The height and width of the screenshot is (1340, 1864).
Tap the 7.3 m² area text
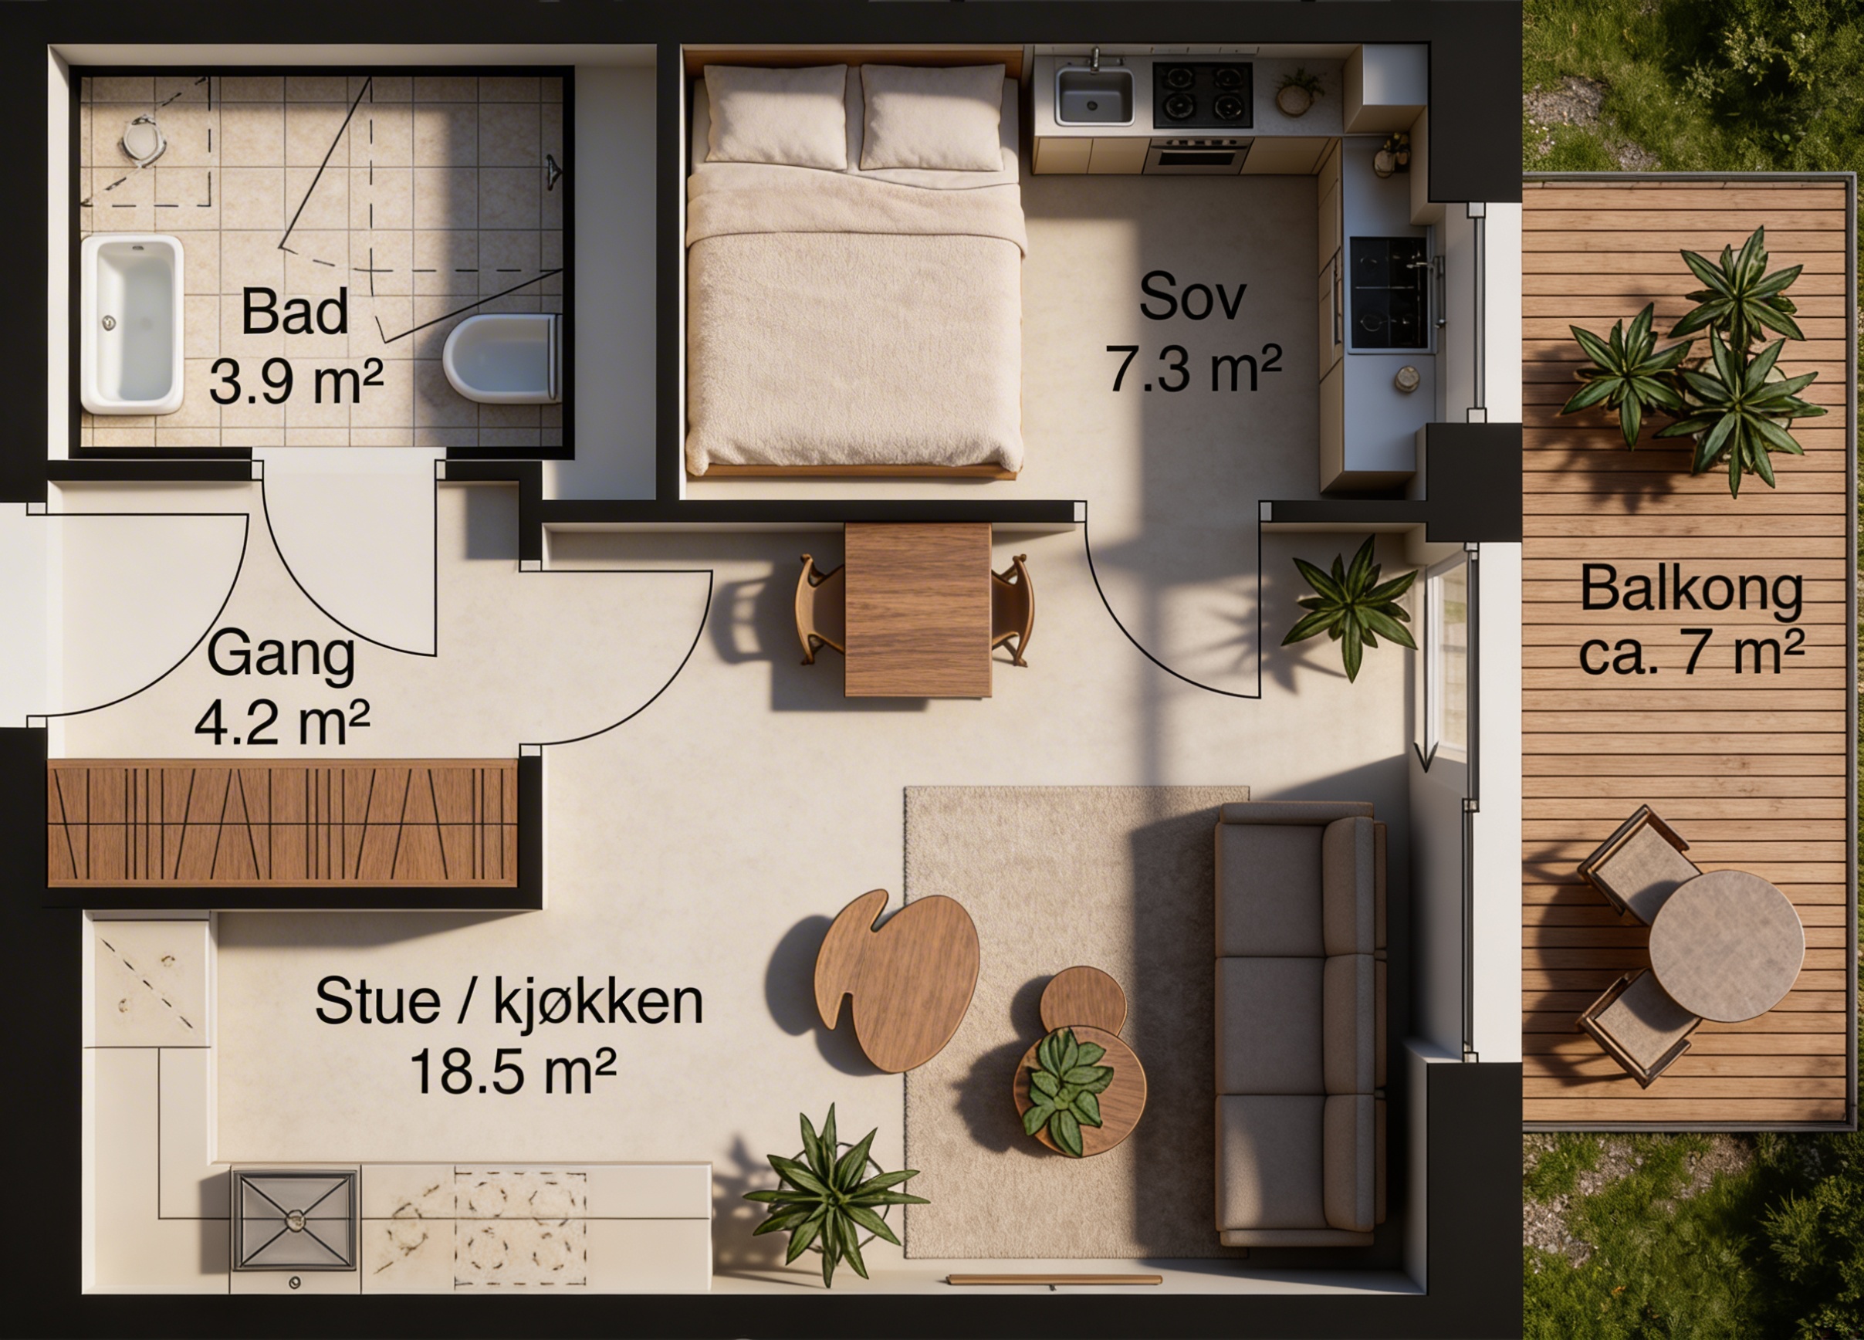coord(1192,369)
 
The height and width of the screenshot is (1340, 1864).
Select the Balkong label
coord(1691,589)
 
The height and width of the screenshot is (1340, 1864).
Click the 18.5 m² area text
coord(512,1071)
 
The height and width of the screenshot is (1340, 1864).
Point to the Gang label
coord(280,655)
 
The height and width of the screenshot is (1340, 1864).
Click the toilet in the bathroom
coord(502,358)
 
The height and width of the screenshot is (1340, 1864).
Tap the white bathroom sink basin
coord(131,325)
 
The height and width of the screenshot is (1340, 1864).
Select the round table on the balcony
coord(1726,946)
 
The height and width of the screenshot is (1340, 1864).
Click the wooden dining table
coord(917,610)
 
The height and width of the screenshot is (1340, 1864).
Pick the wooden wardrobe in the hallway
coord(282,823)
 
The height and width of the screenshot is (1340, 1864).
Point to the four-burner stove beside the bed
coord(1203,96)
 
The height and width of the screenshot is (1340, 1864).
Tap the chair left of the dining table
coord(820,609)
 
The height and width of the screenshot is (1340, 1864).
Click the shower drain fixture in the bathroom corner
coord(144,141)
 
